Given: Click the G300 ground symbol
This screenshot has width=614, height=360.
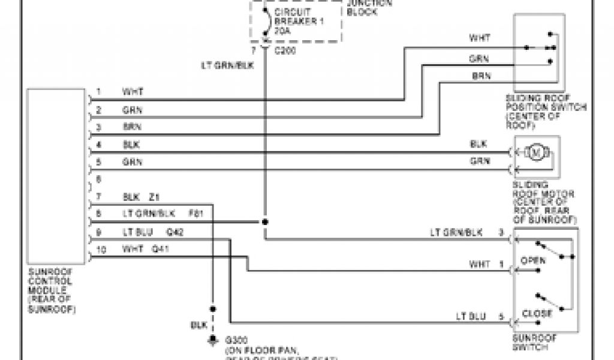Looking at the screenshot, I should pos(212,340).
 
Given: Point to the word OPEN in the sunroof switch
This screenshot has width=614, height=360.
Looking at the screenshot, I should pos(533,261).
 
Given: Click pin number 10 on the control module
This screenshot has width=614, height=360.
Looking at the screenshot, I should pos(101,250).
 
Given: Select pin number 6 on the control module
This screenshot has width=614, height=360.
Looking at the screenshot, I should pos(99,179).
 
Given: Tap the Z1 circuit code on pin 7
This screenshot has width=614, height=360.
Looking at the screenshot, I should pos(154,197).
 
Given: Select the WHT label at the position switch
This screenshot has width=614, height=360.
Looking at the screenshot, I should pos(479,37).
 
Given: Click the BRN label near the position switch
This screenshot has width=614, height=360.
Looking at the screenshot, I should pos(481,76).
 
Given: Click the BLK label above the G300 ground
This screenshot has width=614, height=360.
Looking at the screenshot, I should pos(198,325).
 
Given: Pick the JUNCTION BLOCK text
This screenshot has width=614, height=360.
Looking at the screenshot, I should pos(368,6).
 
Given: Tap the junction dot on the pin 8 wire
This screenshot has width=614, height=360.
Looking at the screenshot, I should pos(264,222).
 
